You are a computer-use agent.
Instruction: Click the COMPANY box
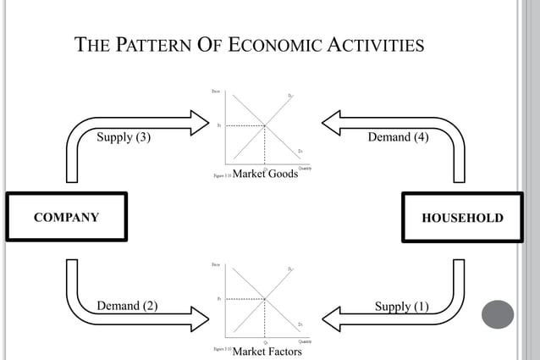point(66,218)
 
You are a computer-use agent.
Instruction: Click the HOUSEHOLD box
point(462,218)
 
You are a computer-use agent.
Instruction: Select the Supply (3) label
point(124,137)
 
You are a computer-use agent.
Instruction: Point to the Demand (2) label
point(127,306)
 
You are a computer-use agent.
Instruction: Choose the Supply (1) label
point(401,306)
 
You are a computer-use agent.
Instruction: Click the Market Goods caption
point(265,174)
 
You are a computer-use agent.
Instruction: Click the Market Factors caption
point(267,351)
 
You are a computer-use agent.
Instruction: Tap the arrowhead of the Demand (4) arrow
point(331,122)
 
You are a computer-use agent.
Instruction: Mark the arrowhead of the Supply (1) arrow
point(331,318)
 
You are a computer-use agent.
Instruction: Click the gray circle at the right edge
point(498,314)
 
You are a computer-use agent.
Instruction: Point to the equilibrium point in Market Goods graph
point(265,125)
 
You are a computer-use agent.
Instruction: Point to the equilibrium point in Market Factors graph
point(265,299)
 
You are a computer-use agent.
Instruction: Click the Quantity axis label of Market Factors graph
point(305,341)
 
